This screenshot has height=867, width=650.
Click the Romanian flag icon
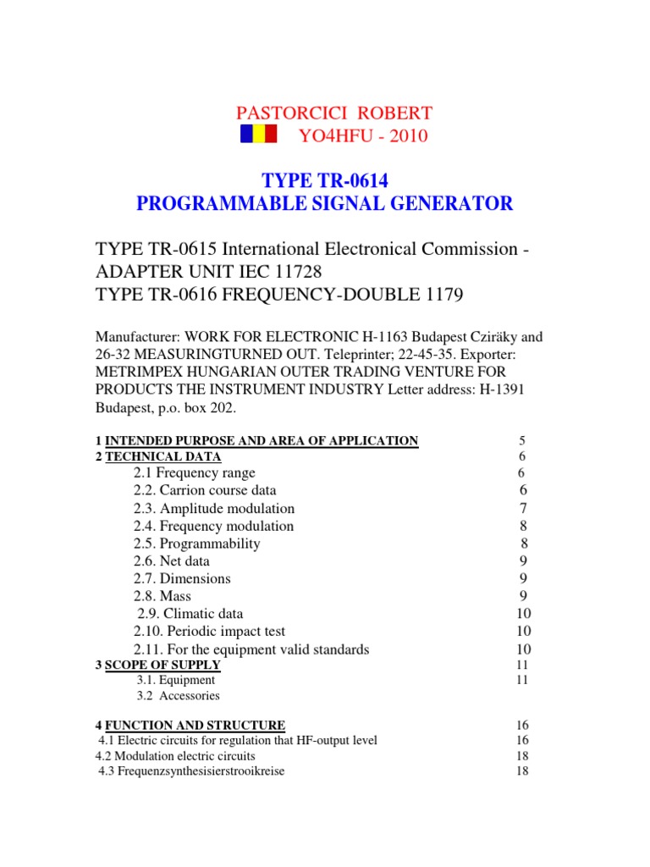(x=258, y=135)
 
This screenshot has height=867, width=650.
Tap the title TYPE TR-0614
(x=325, y=179)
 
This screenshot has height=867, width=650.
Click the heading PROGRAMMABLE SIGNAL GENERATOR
(x=325, y=203)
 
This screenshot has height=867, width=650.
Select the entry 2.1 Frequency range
(x=194, y=472)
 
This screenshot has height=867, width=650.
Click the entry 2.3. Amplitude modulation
(x=213, y=508)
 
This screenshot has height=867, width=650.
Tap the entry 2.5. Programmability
(x=196, y=544)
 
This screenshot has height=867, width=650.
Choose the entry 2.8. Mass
(x=162, y=596)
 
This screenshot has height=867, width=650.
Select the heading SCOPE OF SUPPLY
(x=162, y=665)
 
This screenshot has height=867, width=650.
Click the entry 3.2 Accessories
(x=178, y=696)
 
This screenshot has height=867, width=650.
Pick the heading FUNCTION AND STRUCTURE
(x=195, y=725)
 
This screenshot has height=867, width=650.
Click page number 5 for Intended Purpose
(x=522, y=440)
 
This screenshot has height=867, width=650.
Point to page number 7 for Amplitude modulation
(x=522, y=508)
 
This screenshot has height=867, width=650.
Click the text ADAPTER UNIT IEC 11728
(x=208, y=272)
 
